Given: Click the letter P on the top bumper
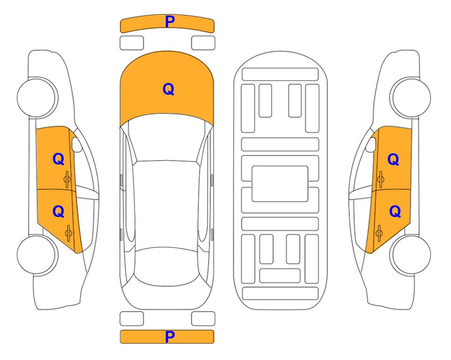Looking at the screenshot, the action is pos(170,22).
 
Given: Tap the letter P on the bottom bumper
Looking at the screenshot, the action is pos(170,337).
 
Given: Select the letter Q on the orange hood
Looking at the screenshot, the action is pos(169,89).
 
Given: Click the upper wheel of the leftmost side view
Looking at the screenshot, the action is pos(37,97).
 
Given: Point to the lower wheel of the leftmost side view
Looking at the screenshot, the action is pos(37,255).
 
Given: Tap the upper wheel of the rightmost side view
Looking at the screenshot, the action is pos(410,97).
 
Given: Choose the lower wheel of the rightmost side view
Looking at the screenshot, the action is pos(411,255).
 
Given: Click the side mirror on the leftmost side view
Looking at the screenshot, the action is pos(76,144).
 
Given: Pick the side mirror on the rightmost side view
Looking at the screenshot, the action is pos(371,144).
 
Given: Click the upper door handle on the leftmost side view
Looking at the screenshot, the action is pos(67,179).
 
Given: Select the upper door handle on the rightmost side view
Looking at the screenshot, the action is pos(381,179).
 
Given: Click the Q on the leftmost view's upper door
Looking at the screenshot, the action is pos(59,159).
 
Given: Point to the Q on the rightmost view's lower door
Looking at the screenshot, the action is pos(395,212).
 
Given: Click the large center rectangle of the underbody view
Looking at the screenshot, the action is pos(280,184).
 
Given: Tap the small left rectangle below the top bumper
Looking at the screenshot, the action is pos(132,43).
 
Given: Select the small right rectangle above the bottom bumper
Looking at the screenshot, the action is pos(203,319).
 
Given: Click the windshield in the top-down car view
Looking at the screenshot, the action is pos(167,138).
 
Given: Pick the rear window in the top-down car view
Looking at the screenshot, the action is pos(167,266).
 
